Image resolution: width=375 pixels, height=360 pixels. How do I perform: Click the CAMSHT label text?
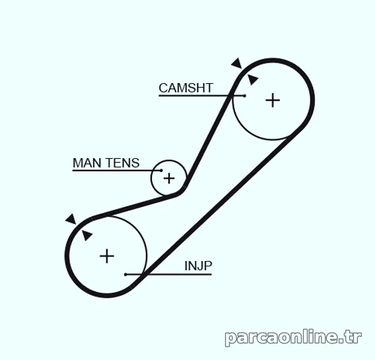186,88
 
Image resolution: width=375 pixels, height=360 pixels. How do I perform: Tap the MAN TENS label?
106,163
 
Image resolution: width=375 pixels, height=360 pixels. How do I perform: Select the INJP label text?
198,266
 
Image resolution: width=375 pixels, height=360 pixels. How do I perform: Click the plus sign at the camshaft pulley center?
273,100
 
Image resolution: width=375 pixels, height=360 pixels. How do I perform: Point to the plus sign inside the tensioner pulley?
169,178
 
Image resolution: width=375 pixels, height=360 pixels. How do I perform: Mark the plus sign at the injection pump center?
107,256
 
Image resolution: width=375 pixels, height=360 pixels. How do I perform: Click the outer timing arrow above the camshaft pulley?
237,63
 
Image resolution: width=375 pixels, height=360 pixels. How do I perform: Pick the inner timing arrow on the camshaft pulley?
253,79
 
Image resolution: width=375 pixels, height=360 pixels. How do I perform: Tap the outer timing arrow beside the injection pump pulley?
71,219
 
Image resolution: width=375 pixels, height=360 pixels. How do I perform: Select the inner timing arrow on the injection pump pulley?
86,235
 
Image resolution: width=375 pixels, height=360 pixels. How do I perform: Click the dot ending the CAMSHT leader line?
244,96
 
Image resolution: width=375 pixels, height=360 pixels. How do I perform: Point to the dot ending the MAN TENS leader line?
161,170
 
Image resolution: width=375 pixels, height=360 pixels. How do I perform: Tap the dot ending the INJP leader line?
125,274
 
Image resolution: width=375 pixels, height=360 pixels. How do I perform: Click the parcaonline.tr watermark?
293,338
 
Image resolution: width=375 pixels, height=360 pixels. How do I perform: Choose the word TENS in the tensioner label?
122,163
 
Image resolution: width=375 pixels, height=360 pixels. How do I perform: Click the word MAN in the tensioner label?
87,163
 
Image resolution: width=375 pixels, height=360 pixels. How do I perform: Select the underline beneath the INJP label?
168,274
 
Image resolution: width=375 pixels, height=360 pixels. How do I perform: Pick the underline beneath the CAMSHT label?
201,96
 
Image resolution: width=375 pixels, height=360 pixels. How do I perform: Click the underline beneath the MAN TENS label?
117,170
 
